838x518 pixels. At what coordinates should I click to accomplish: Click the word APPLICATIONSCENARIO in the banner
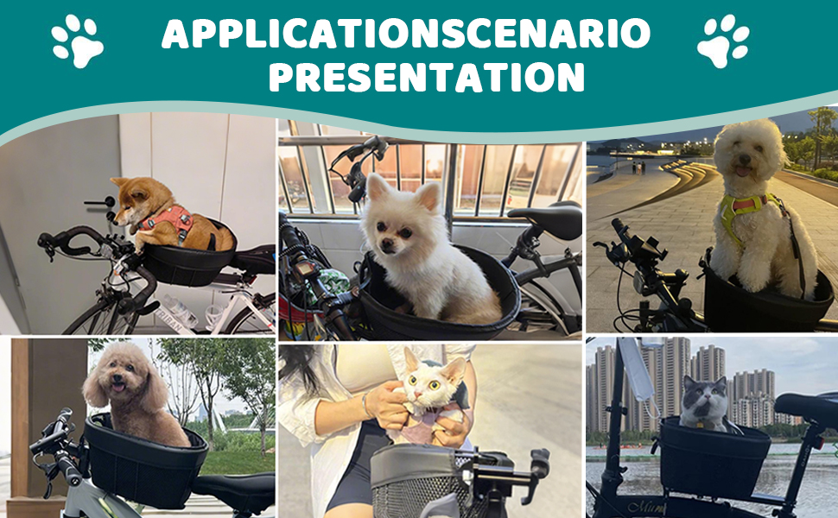[x=406, y=33]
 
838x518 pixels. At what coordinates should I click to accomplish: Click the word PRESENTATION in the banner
[x=427, y=78]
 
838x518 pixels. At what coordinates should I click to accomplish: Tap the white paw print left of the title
[x=78, y=41]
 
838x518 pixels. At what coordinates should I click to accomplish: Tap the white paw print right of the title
[x=723, y=41]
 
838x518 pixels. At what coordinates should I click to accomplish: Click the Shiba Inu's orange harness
[x=168, y=220]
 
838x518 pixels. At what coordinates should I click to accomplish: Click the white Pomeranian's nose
[x=385, y=245]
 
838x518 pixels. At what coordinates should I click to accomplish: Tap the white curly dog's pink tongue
[x=743, y=171]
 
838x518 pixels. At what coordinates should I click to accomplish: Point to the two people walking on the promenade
[x=638, y=167]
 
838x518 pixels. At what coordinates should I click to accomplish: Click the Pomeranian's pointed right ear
[x=429, y=195]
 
